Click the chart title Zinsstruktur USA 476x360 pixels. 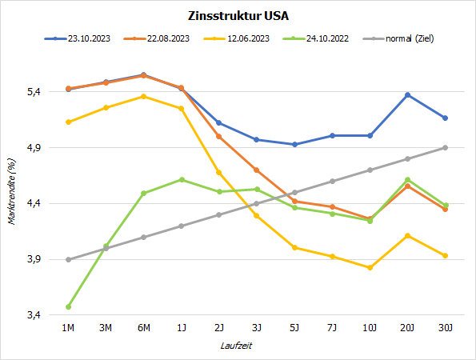[x=238, y=15]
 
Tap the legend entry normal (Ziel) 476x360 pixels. [x=410, y=38]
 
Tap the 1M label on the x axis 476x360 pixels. [x=68, y=327]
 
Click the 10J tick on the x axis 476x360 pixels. [x=370, y=327]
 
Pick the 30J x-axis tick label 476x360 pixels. [x=445, y=327]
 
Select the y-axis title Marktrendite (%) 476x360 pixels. [x=12, y=192]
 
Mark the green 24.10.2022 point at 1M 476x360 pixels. [x=68, y=306]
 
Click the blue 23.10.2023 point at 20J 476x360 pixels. [x=407, y=95]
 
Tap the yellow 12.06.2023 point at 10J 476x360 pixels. [x=370, y=267]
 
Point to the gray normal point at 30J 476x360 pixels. [x=445, y=147]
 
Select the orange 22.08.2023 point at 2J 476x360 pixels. [x=218, y=136]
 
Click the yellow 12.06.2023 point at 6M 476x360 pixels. [x=143, y=97]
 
